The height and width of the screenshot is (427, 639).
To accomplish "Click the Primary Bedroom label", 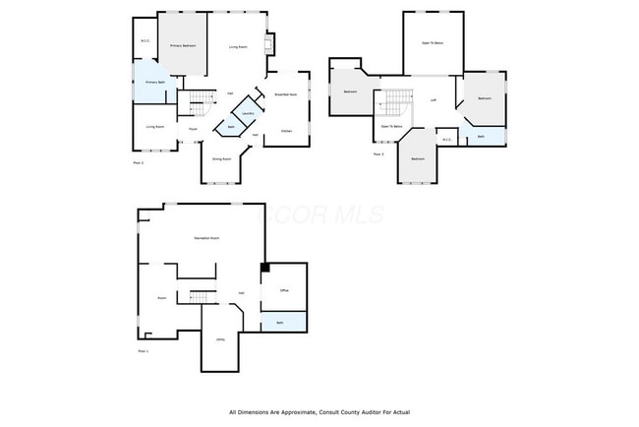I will point(182,46).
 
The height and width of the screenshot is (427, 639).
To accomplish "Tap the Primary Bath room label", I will point(154,83).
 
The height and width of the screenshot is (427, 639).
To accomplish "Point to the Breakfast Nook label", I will point(287,94).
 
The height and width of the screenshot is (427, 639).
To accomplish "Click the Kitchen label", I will point(286,131).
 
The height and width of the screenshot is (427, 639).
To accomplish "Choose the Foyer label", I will point(193,128).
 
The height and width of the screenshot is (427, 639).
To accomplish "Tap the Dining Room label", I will point(221,158).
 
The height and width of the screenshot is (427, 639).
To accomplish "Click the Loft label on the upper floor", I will point(433,100).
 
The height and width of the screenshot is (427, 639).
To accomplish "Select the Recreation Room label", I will point(206,239).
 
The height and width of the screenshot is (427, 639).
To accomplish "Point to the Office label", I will point(283,291).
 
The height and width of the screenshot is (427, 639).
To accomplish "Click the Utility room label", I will point(220,340).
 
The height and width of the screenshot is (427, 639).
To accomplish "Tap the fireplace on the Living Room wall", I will point(270,44).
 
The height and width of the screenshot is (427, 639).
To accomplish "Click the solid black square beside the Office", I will point(263,267).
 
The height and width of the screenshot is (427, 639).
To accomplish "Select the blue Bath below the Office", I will point(280,322).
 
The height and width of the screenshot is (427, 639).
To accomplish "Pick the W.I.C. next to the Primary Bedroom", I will point(145,41).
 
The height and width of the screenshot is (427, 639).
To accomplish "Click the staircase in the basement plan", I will point(202,298).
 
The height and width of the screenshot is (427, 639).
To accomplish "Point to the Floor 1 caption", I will point(142,351).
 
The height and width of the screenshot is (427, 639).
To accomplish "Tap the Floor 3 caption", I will point(378,154).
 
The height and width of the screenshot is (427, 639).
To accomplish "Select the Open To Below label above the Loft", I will point(433,43).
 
